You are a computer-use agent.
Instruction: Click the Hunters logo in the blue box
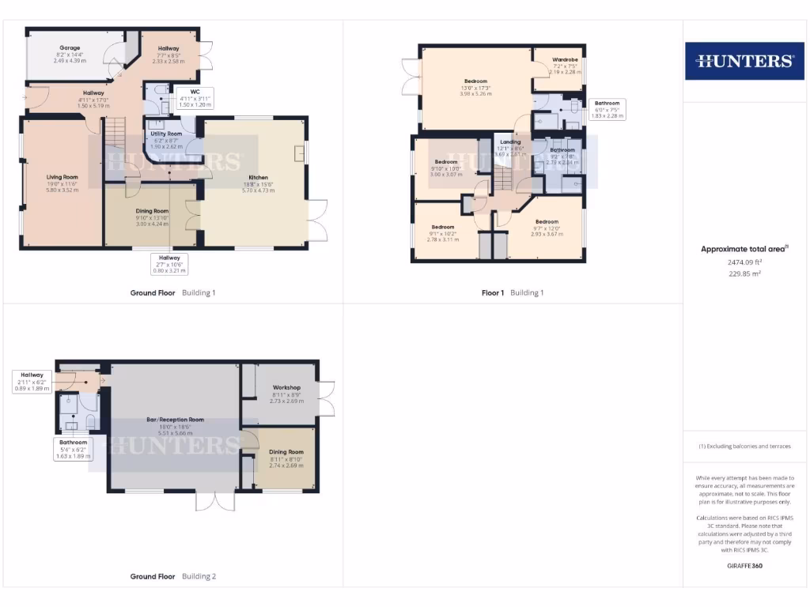click(x=745, y=61)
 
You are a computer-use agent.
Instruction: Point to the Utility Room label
click(x=166, y=134)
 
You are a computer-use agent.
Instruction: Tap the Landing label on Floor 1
click(x=510, y=142)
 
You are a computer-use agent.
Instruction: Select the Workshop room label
click(x=287, y=387)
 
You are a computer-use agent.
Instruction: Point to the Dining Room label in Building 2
click(x=287, y=451)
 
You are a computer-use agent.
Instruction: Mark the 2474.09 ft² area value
click(x=745, y=262)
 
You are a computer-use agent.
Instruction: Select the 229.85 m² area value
click(x=745, y=273)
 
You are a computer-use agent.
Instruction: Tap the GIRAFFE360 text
click(x=745, y=566)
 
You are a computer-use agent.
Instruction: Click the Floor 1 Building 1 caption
click(x=513, y=293)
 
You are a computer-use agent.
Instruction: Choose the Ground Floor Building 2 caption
click(x=172, y=577)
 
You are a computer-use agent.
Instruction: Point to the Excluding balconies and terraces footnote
click(x=745, y=447)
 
